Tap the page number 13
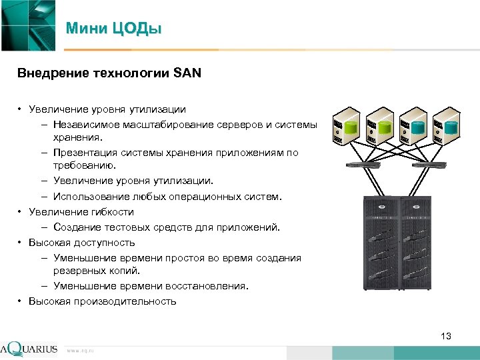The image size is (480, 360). click(446, 336)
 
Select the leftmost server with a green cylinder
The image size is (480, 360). click(348, 125)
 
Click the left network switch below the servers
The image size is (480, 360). click(363, 164)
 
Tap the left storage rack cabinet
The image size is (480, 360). click(382, 243)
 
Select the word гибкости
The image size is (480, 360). click(113, 212)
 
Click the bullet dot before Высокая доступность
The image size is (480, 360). click(21, 243)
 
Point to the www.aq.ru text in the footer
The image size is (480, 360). click(81, 350)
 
